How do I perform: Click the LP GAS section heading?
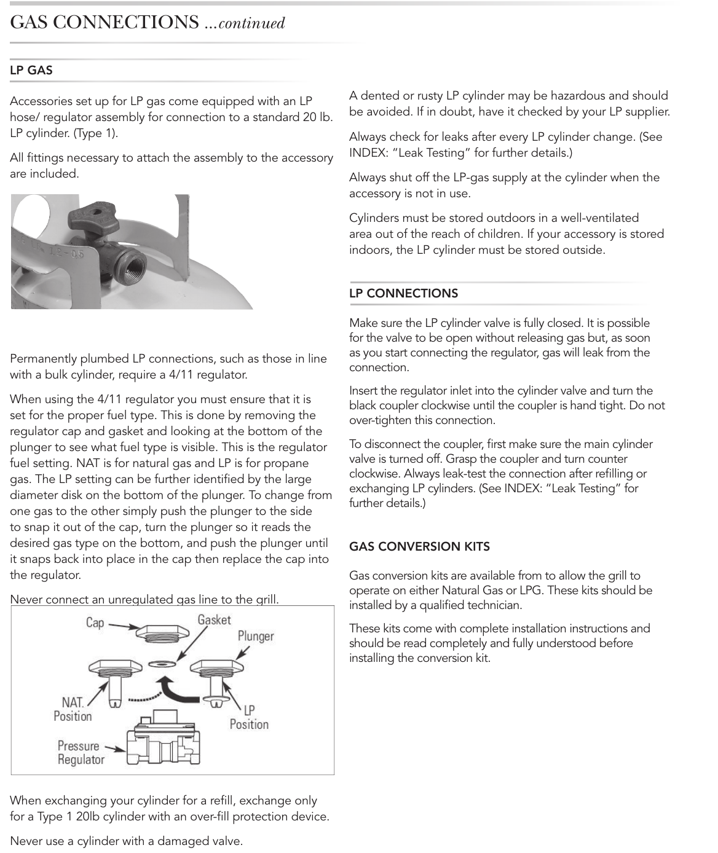pyautogui.click(x=31, y=70)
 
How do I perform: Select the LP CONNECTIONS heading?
pyautogui.click(x=403, y=293)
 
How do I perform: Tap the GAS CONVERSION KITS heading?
pyautogui.click(x=419, y=546)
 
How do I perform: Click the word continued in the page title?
pyautogui.click(x=251, y=23)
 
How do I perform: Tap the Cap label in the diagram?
pyautogui.click(x=95, y=623)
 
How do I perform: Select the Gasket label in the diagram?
pyautogui.click(x=214, y=619)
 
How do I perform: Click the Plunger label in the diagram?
pyautogui.click(x=256, y=636)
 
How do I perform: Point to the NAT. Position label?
pyautogui.click(x=73, y=709)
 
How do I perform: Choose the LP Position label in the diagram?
pyautogui.click(x=249, y=717)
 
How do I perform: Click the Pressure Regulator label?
pyautogui.click(x=81, y=752)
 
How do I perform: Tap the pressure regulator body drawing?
pyautogui.click(x=163, y=738)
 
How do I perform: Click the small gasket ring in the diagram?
pyautogui.click(x=162, y=664)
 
